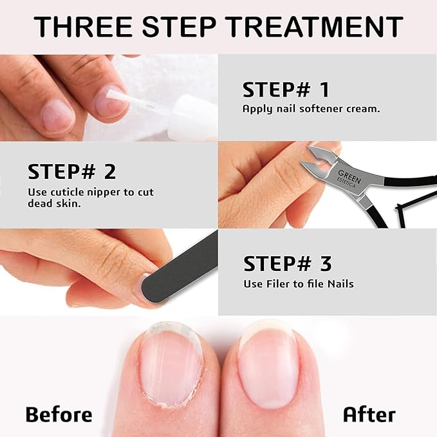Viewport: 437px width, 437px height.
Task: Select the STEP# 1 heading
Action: coord(286,89)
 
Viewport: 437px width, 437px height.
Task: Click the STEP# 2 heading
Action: coord(72,171)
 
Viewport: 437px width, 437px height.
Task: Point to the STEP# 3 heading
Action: coord(287,263)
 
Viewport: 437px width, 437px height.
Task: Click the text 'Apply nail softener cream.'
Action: coord(311,109)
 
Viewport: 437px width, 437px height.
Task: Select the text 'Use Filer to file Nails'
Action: coord(298,283)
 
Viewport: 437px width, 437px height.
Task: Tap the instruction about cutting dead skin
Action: coord(90,198)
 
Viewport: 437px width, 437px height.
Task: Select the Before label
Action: coord(59,414)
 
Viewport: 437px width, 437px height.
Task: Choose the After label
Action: coord(369,414)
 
